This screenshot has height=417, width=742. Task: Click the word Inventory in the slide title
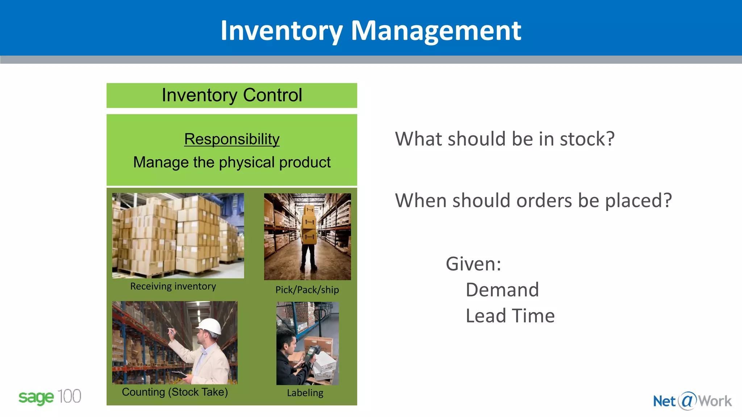point(281,31)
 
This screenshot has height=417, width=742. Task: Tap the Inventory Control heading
point(232,95)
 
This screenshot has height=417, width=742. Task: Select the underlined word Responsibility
point(232,139)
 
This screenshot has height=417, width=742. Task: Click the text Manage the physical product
point(232,162)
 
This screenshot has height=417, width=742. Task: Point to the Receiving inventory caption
point(173,286)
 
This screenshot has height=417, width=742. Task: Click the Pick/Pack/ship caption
point(307,290)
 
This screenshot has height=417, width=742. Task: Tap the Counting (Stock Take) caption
point(175,392)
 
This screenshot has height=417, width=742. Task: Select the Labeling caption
point(305,393)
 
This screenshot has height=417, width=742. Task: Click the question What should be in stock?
point(505,139)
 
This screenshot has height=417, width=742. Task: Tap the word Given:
point(473,264)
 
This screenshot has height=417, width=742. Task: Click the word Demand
point(502,290)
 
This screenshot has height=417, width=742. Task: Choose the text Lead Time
point(510,316)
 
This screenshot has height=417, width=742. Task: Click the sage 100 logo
point(50,397)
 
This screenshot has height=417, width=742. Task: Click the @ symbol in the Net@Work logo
point(687,401)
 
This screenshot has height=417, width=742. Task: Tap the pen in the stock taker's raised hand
point(171,330)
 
